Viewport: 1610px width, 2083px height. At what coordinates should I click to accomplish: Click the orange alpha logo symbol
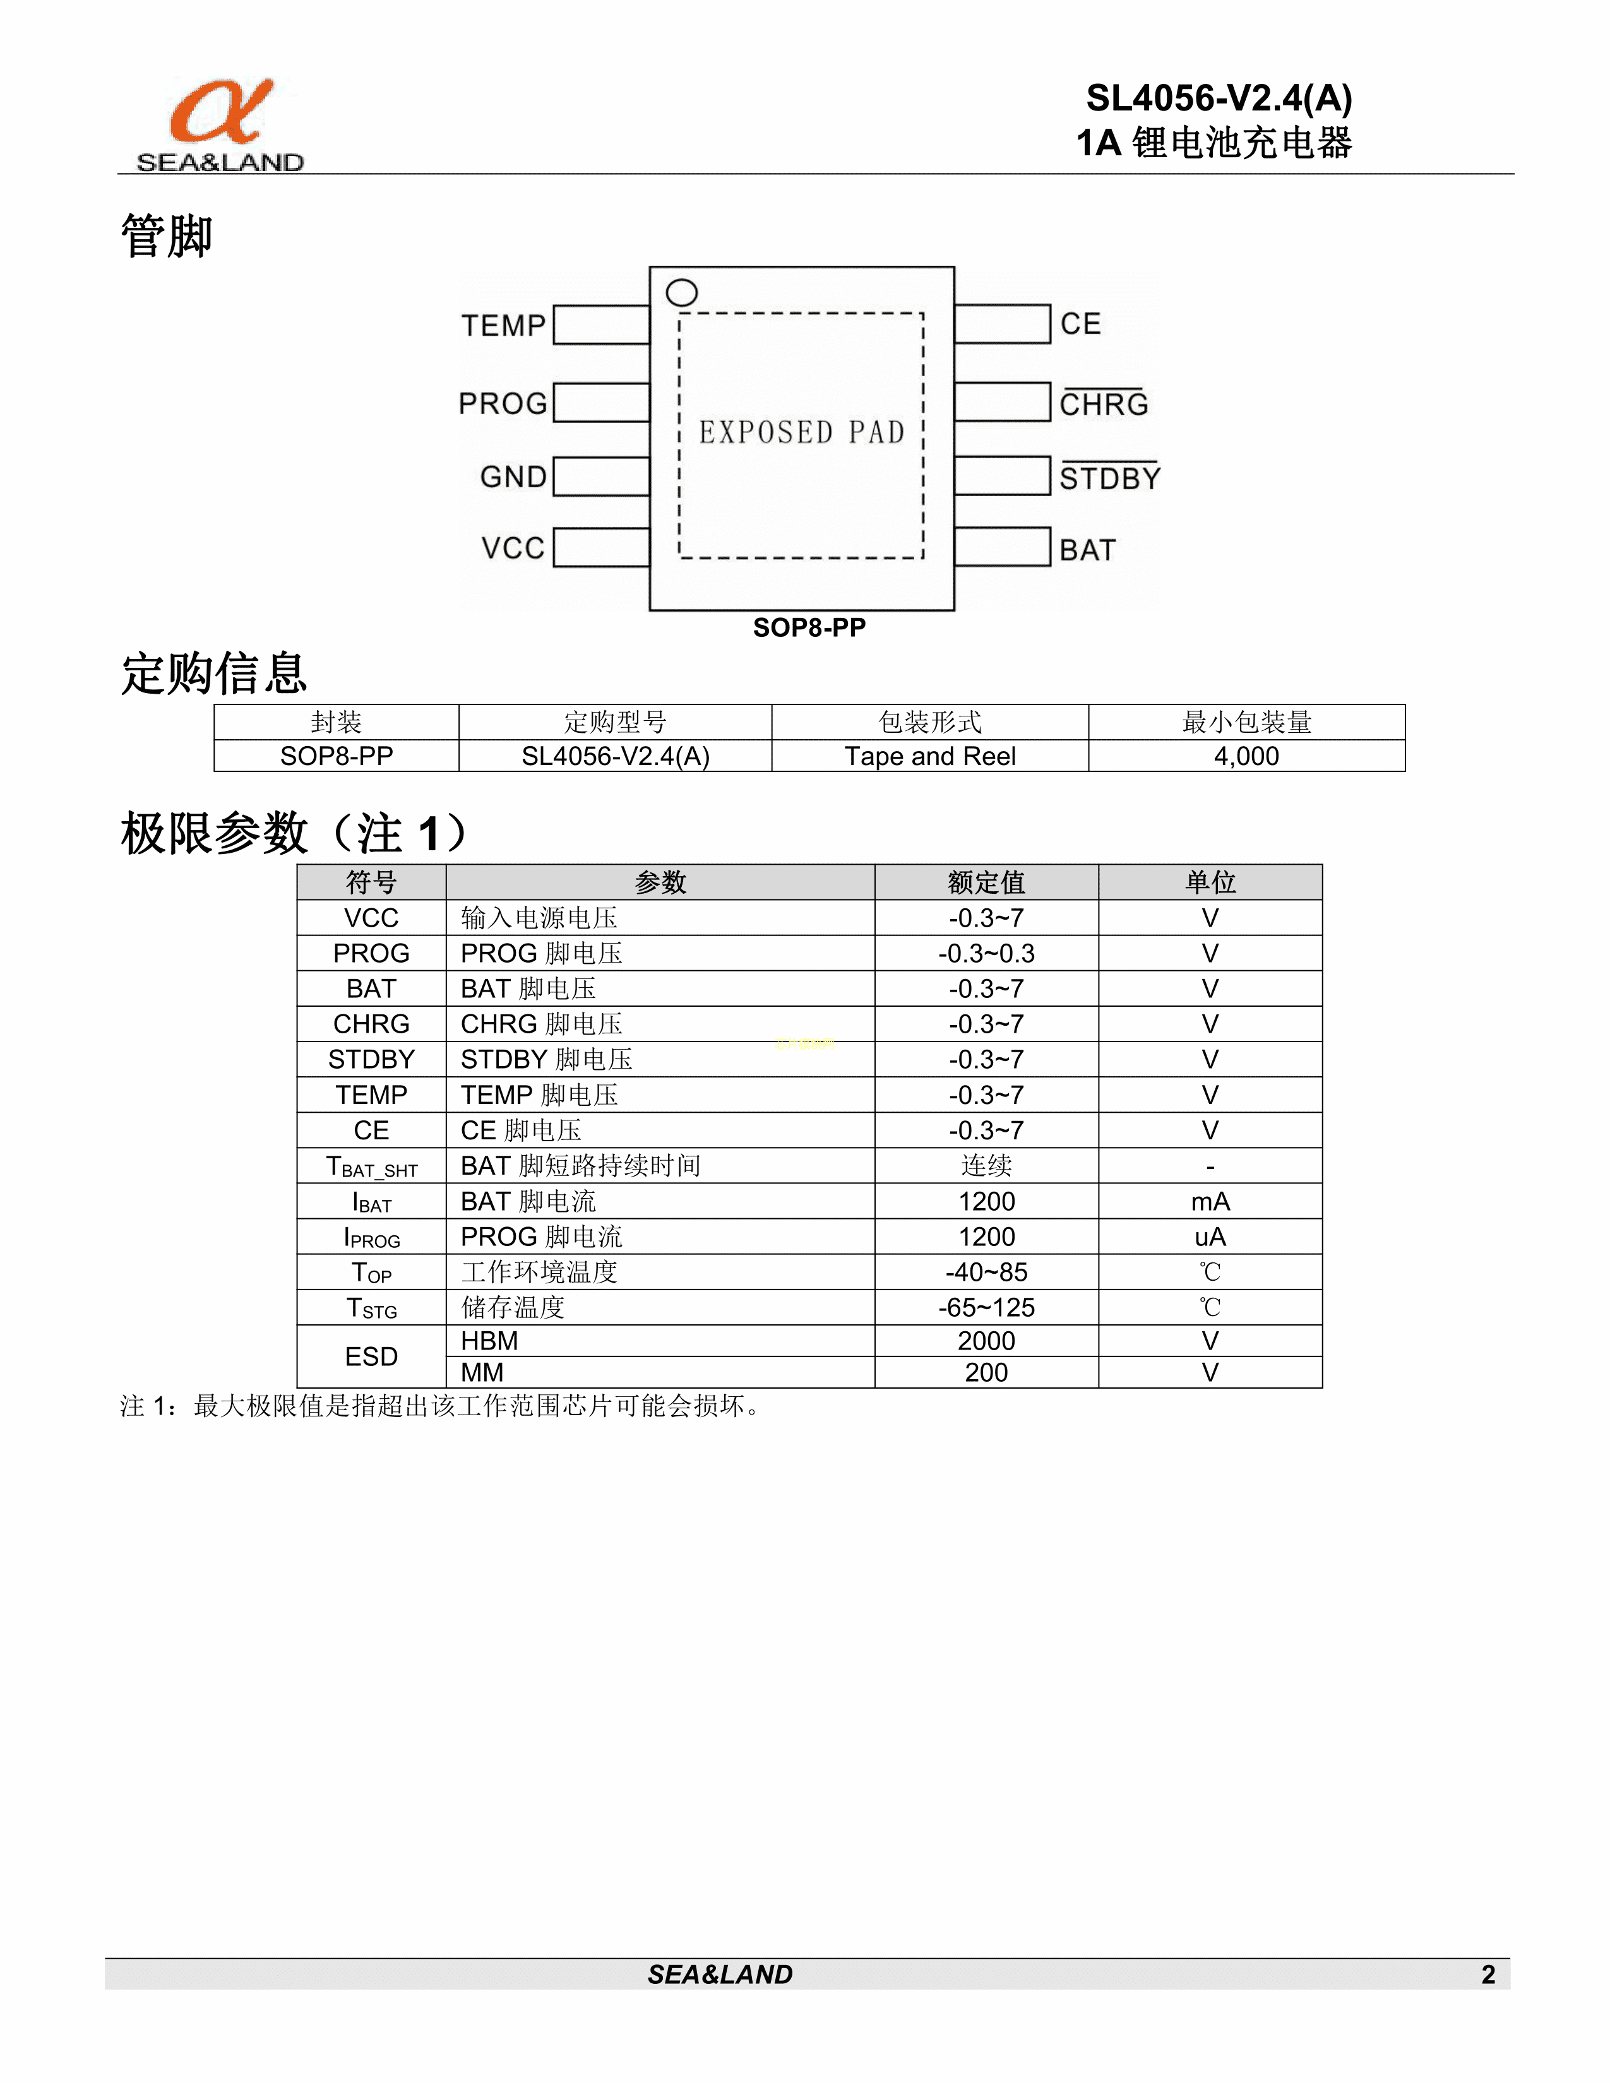221,112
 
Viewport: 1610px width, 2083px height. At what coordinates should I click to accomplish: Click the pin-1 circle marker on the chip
682,293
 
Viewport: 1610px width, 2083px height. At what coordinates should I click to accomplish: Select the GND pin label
513,477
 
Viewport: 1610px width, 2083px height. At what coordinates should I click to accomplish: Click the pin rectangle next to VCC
601,547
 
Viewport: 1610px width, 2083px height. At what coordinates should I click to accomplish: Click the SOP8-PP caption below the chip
809,627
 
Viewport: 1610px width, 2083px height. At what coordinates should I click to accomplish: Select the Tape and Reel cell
930,756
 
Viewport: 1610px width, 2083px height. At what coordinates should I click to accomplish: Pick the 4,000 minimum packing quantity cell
1246,756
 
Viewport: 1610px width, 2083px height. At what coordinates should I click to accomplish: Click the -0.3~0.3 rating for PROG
986,952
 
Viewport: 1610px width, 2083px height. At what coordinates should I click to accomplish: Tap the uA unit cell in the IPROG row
1210,1237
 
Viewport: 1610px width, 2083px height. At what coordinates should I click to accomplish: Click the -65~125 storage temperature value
986,1308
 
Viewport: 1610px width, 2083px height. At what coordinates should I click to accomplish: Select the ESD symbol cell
371,1356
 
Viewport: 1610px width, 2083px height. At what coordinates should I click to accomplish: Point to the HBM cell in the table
489,1341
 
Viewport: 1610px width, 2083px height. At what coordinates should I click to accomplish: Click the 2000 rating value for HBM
986,1341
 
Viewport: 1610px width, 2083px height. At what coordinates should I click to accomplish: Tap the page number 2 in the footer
1488,1974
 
